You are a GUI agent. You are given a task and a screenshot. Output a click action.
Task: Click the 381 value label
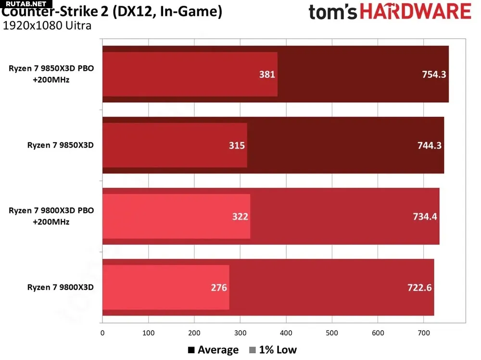pyautogui.click(x=267, y=74)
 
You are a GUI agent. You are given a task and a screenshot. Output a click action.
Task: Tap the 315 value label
pyautogui.click(x=237, y=145)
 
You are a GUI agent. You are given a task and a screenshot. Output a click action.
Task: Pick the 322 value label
pyautogui.click(x=240, y=216)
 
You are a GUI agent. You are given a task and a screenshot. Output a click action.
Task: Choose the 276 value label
pyautogui.click(x=219, y=287)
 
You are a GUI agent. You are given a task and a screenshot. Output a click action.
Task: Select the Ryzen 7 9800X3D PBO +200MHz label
pyautogui.click(x=51, y=216)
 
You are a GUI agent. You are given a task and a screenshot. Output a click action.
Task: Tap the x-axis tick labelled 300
pyautogui.click(x=194, y=332)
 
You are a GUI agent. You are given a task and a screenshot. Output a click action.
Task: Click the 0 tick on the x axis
pyautogui.click(x=102, y=332)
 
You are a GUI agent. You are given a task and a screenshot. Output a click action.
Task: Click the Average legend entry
pyautogui.click(x=214, y=350)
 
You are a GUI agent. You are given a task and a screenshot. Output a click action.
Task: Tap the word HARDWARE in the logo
pyautogui.click(x=416, y=12)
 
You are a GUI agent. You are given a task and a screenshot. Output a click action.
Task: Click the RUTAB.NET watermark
pyautogui.click(x=23, y=4)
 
